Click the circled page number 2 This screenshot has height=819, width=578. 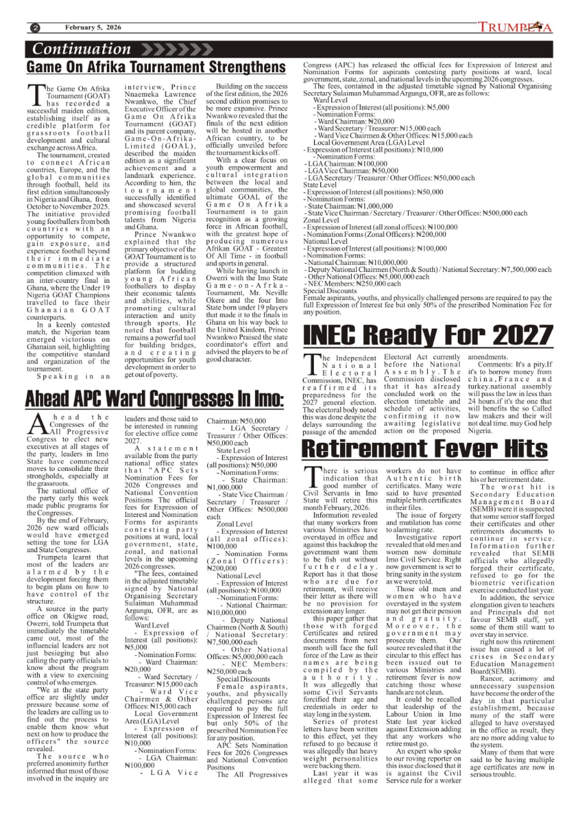(35, 28)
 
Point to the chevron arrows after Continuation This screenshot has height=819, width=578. (168, 49)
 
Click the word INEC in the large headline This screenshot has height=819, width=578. (343, 335)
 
